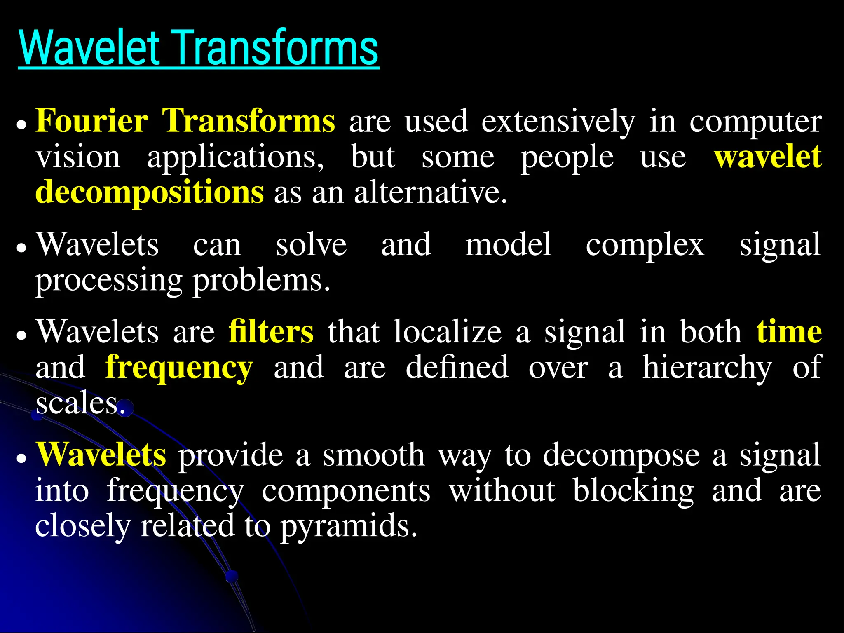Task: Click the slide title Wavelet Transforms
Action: pyautogui.click(x=198, y=49)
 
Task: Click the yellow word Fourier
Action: pyautogui.click(x=91, y=121)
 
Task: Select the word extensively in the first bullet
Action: pyautogui.click(x=558, y=122)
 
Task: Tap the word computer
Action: pyautogui.click(x=755, y=123)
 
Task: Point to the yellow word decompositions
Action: pyautogui.click(x=149, y=193)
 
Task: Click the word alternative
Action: pyautogui.click(x=430, y=192)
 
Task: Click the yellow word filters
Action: pyautogui.click(x=271, y=332)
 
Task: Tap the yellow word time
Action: pyautogui.click(x=789, y=332)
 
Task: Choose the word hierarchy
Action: pyautogui.click(x=707, y=368)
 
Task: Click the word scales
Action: pyautogui.click(x=80, y=403)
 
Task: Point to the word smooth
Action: pyautogui.click(x=373, y=455)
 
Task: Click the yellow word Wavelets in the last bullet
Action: pyautogui.click(x=101, y=455)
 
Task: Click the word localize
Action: pyautogui.click(x=448, y=332)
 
